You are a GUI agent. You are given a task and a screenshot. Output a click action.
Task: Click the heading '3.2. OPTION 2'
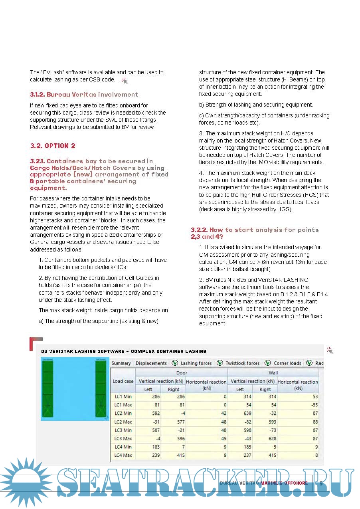point(53,146)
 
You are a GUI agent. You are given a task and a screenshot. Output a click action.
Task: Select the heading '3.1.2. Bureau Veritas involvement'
point(84,95)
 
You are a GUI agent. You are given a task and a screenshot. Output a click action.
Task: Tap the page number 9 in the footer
point(321,483)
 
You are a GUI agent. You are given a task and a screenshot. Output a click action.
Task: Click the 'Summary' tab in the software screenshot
point(121,363)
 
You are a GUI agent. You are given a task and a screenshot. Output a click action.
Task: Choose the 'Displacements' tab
point(151,363)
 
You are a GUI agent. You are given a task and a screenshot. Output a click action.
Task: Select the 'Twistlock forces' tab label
point(242,363)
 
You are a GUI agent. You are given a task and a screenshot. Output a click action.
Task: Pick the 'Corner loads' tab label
point(287,363)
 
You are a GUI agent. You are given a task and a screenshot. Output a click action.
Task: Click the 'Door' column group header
point(182,372)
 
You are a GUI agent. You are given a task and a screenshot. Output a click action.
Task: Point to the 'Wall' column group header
point(273,372)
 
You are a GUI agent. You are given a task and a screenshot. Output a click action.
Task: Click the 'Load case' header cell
point(123,381)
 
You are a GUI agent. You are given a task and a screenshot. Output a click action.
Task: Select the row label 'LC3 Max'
point(123,439)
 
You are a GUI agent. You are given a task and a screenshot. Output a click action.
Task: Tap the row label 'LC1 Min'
point(123,397)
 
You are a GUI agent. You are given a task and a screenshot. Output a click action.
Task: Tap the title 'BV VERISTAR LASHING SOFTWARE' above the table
point(83,351)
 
